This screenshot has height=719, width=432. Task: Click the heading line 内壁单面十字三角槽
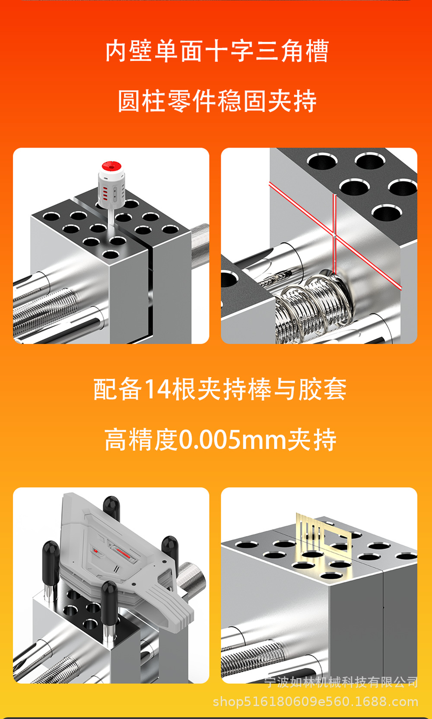click(217, 51)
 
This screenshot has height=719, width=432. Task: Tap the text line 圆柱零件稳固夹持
click(217, 101)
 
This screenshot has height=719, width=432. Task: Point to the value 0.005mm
click(232, 440)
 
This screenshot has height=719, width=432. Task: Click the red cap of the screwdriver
click(111, 166)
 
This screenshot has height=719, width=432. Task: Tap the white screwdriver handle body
click(111, 190)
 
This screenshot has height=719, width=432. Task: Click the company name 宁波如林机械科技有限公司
click(341, 682)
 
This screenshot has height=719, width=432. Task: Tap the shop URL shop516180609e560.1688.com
click(315, 702)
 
